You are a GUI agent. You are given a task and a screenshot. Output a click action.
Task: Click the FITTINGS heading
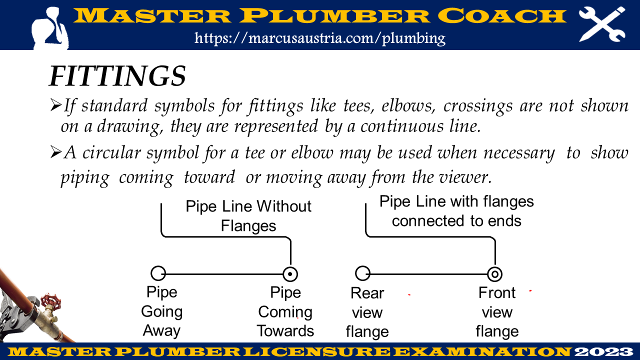tap(117, 76)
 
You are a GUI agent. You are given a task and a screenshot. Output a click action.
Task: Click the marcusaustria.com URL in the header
tap(320, 38)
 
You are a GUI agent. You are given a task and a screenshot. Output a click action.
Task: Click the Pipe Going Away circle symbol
tap(158, 273)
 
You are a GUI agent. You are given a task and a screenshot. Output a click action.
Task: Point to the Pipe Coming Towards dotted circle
tap(290, 274)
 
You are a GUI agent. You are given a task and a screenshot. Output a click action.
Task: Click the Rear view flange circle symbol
tap(362, 273)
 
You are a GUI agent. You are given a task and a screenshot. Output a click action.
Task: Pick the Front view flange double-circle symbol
tap(495, 274)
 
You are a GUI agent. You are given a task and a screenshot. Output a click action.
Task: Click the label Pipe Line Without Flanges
tap(248, 216)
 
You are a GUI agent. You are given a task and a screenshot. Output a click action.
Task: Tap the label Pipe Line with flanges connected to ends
tap(456, 211)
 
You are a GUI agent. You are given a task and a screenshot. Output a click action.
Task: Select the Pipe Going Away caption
tap(161, 311)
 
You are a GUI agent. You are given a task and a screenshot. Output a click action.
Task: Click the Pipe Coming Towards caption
tap(285, 311)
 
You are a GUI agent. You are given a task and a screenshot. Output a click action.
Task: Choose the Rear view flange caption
tap(367, 312)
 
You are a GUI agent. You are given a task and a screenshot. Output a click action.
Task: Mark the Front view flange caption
tap(497, 312)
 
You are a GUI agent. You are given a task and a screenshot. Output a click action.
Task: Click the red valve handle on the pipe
tap(49, 301)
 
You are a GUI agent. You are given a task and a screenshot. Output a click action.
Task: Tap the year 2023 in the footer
tap(605, 351)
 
